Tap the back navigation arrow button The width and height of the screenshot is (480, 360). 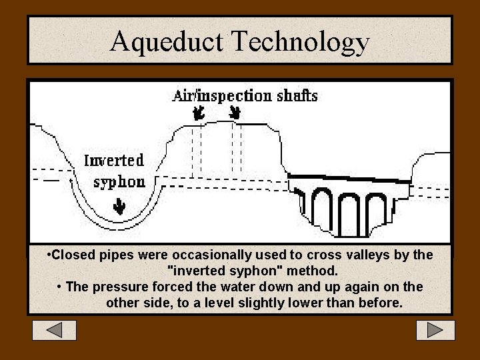(55, 330)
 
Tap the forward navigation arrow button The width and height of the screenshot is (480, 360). (435, 330)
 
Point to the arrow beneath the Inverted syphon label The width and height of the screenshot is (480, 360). (119, 208)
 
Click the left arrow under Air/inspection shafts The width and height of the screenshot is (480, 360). (198, 114)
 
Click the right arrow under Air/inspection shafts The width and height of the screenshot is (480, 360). (235, 113)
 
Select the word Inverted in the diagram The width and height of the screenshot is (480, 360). (114, 161)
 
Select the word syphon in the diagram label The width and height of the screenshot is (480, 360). (119, 182)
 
